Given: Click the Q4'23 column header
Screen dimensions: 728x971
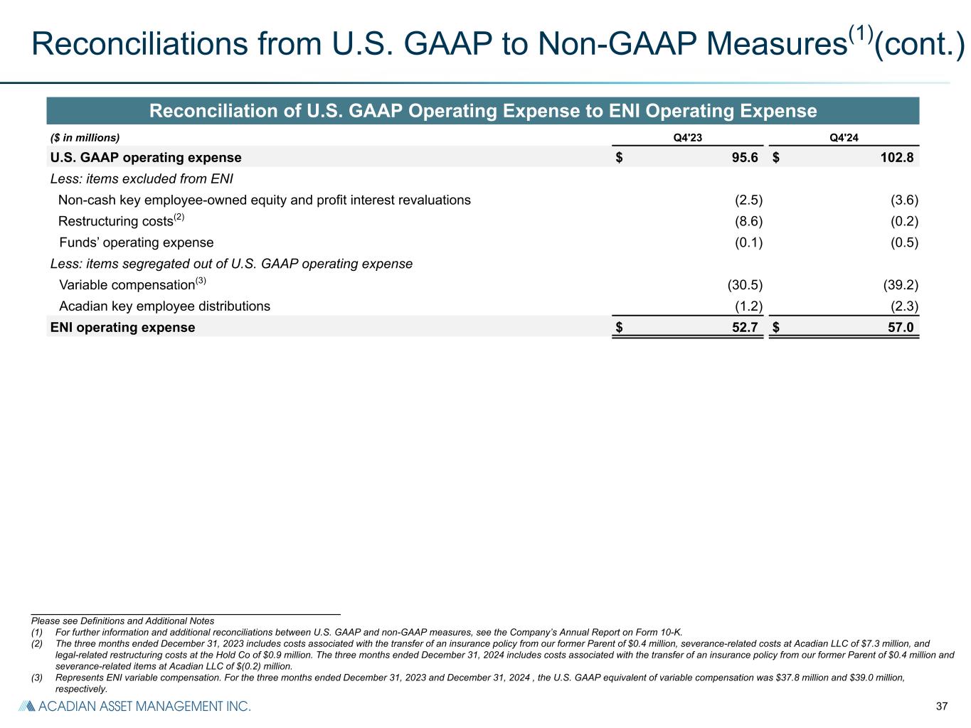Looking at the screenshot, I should click(x=687, y=138).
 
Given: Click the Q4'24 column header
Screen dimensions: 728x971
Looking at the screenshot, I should click(x=844, y=138).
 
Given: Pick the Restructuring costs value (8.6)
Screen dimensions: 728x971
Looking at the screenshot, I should click(x=748, y=221).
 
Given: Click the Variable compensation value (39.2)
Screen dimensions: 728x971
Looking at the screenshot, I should click(x=901, y=285).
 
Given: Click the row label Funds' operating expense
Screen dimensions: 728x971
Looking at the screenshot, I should click(x=136, y=242).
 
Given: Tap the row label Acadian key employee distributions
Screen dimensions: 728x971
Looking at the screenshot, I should click(x=164, y=306).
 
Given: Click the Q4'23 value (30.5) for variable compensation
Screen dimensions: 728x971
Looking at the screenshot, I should click(x=745, y=285).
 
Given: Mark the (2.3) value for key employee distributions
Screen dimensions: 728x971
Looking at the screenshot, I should click(x=904, y=306).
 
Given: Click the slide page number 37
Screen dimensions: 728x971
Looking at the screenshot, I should click(x=942, y=707).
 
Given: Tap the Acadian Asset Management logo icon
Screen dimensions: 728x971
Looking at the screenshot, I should click(x=26, y=706).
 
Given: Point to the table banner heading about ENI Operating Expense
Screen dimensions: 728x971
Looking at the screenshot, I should click(x=482, y=112).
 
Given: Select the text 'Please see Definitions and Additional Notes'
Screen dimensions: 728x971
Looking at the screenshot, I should click(x=122, y=621).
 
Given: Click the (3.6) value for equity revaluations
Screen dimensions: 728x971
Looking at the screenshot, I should click(x=904, y=200).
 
